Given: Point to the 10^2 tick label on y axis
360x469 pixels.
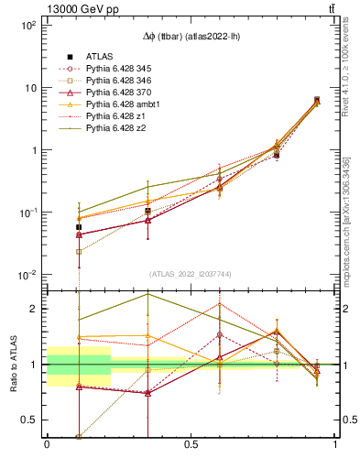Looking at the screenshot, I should pyautogui.click(x=30, y=26).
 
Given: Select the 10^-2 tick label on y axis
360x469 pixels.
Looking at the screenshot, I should pyautogui.click(x=29, y=275).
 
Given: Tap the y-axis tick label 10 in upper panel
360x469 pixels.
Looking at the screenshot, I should pyautogui.click(x=32, y=88).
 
